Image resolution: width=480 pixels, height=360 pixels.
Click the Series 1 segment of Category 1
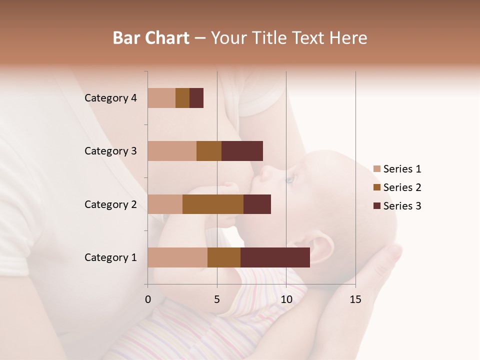(x=177, y=257)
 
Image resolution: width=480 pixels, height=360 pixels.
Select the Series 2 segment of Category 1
(x=224, y=257)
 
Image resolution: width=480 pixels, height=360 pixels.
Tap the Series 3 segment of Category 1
(x=275, y=257)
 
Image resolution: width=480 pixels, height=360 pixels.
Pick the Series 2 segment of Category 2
(x=213, y=204)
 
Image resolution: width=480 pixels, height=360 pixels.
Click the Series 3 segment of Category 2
(x=257, y=204)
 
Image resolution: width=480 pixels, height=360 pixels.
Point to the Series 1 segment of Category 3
(x=172, y=151)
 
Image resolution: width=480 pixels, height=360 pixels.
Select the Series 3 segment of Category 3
(x=242, y=151)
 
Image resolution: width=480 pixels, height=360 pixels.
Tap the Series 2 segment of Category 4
(x=182, y=98)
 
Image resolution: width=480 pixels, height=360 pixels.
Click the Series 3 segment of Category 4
(x=196, y=98)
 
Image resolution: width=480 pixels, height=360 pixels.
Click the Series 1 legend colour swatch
(x=377, y=169)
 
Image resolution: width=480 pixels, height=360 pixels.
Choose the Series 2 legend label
(x=402, y=187)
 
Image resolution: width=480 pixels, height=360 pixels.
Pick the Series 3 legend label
(x=402, y=206)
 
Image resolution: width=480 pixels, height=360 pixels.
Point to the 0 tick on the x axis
(x=148, y=299)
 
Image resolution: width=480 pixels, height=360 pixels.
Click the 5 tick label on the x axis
(x=217, y=299)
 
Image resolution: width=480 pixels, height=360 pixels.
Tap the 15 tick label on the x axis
(x=355, y=299)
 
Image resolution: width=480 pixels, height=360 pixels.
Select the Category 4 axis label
(x=110, y=98)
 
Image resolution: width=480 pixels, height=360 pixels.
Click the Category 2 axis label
(x=110, y=204)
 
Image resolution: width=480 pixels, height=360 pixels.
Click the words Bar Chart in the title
(x=151, y=38)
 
